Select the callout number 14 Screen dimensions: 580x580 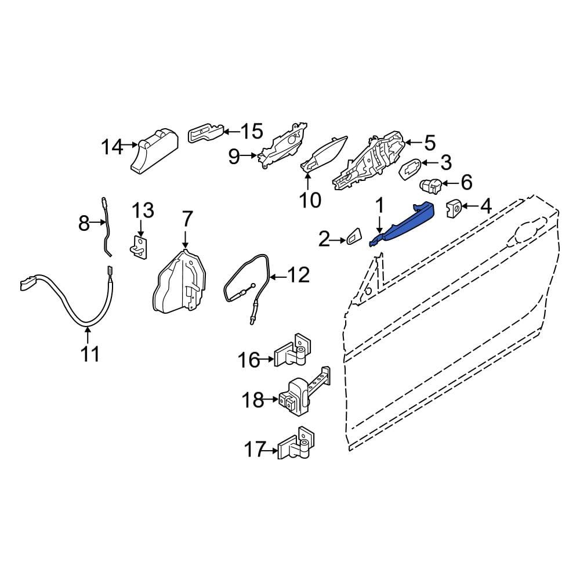[x=112, y=147]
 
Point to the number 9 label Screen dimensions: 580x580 [x=234, y=156]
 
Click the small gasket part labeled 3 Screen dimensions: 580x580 [x=410, y=169]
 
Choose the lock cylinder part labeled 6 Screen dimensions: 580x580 [x=430, y=186]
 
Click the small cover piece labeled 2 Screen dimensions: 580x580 [x=356, y=236]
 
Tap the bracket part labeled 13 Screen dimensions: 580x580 [x=139, y=245]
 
